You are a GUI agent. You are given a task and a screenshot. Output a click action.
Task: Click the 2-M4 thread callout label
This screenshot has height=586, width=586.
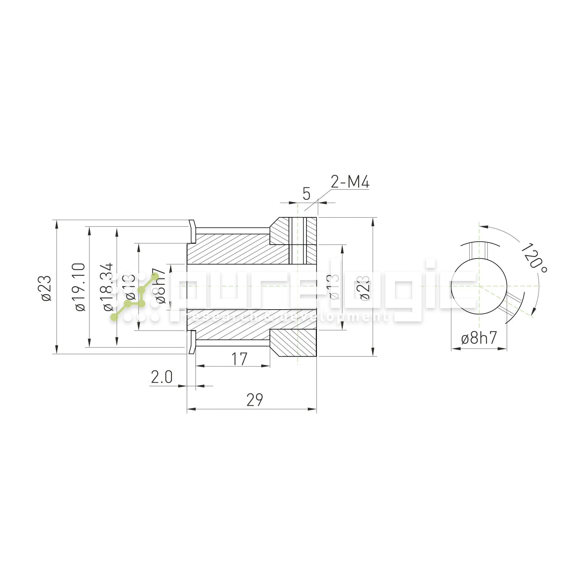point(350,182)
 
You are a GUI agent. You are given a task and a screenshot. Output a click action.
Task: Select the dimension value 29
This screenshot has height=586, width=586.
point(255,400)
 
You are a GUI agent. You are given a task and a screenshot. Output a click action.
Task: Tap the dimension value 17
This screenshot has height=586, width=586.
point(239,359)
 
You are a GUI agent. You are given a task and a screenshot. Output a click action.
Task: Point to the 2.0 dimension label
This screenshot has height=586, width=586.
point(162,377)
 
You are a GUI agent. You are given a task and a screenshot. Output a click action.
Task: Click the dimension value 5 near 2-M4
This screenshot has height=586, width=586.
point(306,194)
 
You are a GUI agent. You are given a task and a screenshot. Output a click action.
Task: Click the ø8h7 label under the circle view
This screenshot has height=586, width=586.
point(479,338)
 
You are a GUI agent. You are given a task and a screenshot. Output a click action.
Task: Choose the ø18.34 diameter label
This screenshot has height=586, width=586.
point(108,287)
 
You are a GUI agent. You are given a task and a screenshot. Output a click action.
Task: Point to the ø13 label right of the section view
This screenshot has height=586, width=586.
point(334,287)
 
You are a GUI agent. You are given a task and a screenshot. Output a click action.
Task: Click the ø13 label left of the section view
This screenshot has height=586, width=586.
point(130,287)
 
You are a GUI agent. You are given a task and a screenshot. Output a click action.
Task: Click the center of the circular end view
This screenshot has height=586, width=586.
point(479,286)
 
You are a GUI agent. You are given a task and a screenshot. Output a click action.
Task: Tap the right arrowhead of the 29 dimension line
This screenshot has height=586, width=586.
point(312,409)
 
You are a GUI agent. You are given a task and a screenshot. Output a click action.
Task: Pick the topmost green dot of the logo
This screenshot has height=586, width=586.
point(155,276)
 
